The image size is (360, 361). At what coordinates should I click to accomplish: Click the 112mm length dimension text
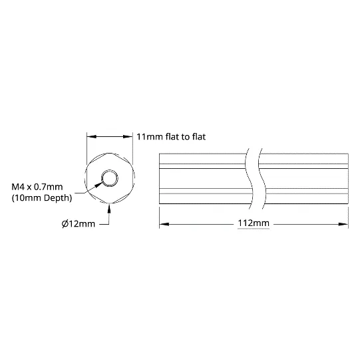[254, 223]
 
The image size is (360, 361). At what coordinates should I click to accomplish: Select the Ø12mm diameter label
[79, 223]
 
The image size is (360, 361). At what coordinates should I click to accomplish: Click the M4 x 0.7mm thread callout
[37, 187]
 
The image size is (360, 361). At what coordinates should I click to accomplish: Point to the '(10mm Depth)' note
[42, 197]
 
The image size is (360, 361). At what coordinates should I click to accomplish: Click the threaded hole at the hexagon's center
[110, 178]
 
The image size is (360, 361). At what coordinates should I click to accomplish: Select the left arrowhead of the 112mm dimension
[164, 224]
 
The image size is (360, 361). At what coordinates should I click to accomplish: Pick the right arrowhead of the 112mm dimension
[343, 224]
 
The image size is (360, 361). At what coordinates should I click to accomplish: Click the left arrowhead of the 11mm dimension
[92, 137]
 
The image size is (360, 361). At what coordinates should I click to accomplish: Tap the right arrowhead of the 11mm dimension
[128, 137]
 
